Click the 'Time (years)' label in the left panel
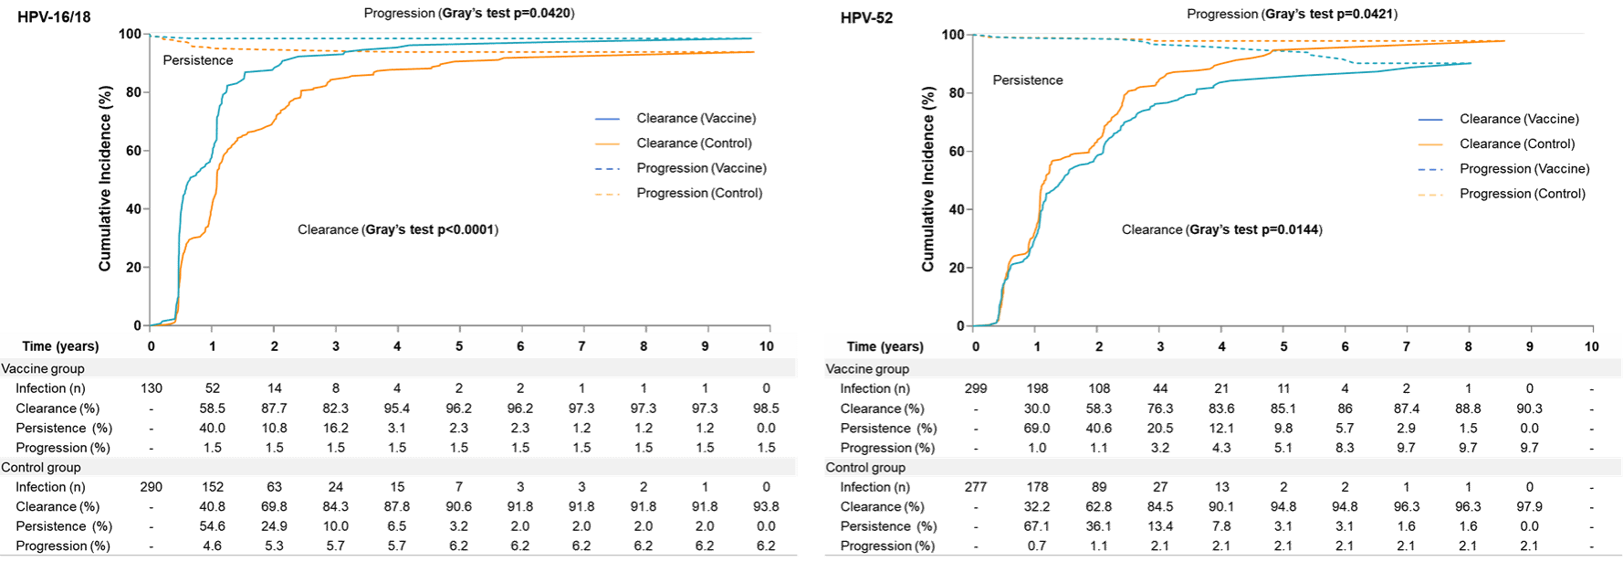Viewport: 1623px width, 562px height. (60, 346)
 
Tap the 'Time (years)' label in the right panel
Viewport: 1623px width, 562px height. (885, 346)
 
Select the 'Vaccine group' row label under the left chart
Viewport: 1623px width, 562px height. (43, 368)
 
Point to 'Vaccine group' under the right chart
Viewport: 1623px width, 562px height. (867, 369)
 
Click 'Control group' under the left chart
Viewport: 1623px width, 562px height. (41, 467)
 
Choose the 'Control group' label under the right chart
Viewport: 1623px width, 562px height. (865, 467)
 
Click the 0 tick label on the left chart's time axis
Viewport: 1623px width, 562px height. (152, 346)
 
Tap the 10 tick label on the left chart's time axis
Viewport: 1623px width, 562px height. (767, 346)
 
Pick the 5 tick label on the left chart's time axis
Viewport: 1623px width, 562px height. (459, 346)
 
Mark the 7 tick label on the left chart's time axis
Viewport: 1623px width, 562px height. (582, 346)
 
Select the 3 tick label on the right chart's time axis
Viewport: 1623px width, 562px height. (1160, 346)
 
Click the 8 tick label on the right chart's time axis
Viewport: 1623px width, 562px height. (1468, 346)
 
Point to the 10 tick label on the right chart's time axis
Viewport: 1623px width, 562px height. (1591, 346)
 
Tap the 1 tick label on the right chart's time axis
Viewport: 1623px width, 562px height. (1037, 346)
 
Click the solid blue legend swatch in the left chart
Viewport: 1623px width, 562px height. (607, 119)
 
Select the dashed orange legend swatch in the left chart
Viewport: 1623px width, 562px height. (607, 194)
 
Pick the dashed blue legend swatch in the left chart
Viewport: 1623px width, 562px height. (607, 169)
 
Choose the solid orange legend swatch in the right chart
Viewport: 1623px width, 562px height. (1430, 144)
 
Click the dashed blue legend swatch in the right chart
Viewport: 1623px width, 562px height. (1430, 170)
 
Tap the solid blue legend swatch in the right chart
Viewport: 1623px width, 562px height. (1430, 120)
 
